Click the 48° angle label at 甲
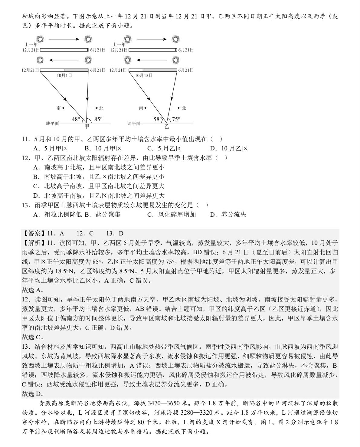[x=76, y=119]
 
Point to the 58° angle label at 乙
[x=158, y=119]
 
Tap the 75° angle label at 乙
[x=176, y=119]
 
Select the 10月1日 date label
[x=64, y=75]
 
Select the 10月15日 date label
[x=144, y=75]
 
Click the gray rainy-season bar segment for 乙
[x=160, y=70]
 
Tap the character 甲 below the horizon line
[x=87, y=127]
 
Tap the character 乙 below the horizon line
[x=167, y=127]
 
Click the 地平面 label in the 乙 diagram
[x=134, y=123]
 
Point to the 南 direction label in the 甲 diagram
[x=59, y=108]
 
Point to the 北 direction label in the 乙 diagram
[x=184, y=108]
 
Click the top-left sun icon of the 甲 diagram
[x=40, y=39]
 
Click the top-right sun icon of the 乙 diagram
[x=175, y=39]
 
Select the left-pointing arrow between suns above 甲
[x=64, y=60]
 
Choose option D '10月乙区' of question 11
[x=229, y=148]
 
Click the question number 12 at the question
[x=25, y=158]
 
